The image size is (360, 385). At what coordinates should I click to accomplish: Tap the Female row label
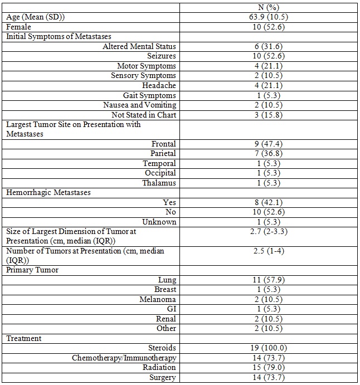pos(18,27)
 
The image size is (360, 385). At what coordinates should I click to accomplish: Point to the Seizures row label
pos(162,56)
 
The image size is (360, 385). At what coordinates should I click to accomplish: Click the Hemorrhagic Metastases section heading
pos(48,192)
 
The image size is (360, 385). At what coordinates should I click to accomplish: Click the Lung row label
pos(167,280)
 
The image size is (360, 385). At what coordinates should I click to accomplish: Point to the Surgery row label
pos(162,377)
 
